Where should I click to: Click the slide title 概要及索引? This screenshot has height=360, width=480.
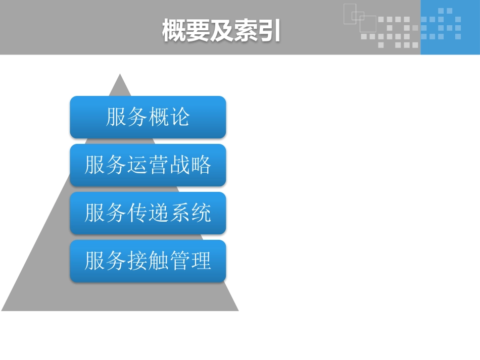coord(221,31)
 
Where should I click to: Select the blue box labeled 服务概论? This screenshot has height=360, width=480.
coord(148,117)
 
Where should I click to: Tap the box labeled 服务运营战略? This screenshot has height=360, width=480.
coord(148,165)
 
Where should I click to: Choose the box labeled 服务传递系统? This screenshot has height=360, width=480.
coord(148,213)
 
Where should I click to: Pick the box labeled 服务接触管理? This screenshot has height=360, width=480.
coord(148,261)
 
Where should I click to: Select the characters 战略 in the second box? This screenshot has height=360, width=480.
coord(190,165)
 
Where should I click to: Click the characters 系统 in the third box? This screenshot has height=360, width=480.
coord(190,213)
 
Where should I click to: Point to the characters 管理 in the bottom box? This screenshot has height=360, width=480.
coord(190,261)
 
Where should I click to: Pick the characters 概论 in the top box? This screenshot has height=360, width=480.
coord(169,117)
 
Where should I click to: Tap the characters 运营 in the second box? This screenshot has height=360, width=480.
coord(148,165)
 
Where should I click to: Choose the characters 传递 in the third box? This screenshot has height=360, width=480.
coord(148,213)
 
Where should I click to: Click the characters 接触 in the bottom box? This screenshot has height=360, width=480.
coord(148,261)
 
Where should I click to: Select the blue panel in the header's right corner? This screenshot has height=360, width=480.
coord(450,27)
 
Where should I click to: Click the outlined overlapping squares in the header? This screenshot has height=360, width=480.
coord(359,19)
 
